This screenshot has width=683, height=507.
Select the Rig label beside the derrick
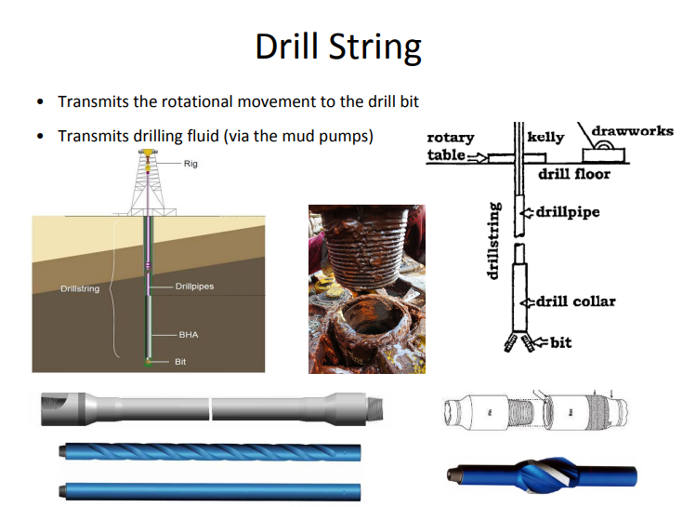click(x=190, y=164)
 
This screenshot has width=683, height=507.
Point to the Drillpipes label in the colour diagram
click(x=194, y=287)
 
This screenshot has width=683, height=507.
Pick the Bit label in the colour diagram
click(x=180, y=361)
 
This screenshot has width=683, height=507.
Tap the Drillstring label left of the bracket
click(x=80, y=289)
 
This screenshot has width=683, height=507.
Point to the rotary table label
click(x=450, y=146)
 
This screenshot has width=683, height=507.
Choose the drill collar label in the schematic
click(x=575, y=301)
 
